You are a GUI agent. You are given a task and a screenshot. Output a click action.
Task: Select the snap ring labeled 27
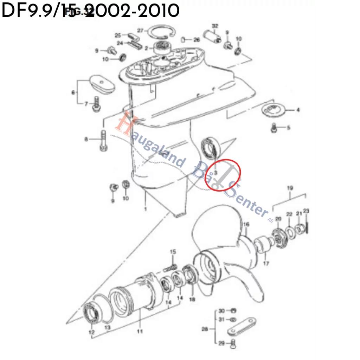[161, 33]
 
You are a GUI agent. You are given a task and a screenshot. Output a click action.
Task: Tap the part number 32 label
[215, 26]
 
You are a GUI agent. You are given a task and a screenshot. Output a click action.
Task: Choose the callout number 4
[298, 110]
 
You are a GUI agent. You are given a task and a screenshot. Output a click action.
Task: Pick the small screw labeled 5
[275, 128]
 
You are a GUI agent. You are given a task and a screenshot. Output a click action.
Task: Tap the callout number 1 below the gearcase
[145, 210]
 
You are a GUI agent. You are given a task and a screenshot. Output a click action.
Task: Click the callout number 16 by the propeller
[246, 224]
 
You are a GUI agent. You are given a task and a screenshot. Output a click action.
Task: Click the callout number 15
[173, 252]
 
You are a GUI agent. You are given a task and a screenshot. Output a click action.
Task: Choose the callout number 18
[192, 299]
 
